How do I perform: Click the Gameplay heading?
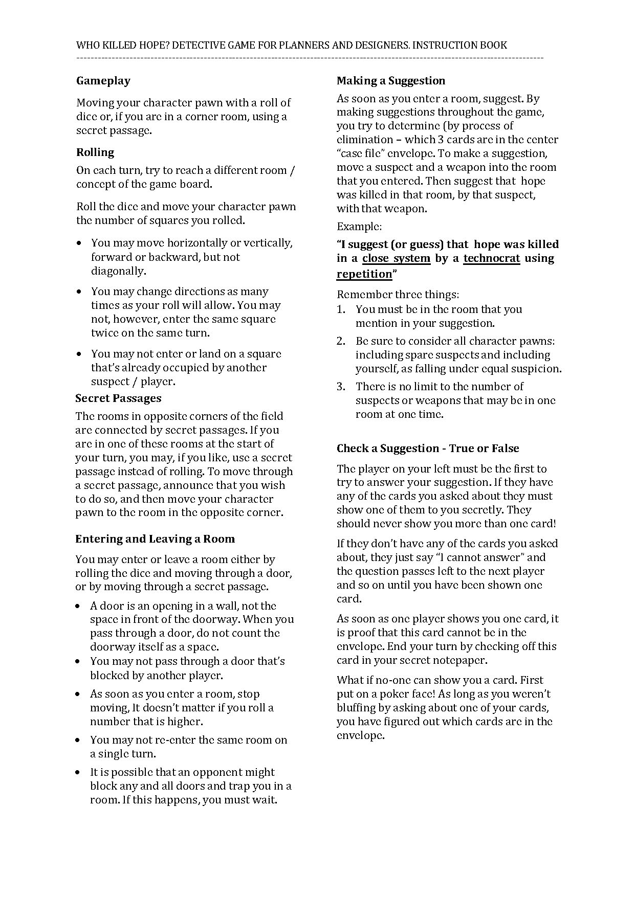coord(103,81)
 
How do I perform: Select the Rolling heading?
coord(95,152)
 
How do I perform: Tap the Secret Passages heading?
coord(118,398)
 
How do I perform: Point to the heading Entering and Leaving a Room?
coord(155,539)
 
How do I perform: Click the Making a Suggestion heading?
coord(391,81)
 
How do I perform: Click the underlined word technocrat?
coord(492,258)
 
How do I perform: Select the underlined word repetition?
coord(364,274)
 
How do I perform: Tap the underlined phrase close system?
coord(396,258)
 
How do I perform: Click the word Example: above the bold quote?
coord(359,227)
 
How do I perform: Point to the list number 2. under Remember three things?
coord(341,341)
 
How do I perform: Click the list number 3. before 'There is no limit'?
coord(341,387)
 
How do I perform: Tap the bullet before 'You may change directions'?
coord(79,292)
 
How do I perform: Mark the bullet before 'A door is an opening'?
coord(78,607)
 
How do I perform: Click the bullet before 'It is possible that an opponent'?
coord(78,773)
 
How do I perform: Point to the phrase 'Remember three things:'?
coord(398,295)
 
